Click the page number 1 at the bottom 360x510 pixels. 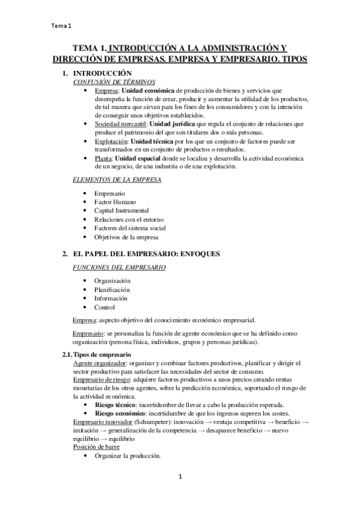pyautogui.click(x=180, y=477)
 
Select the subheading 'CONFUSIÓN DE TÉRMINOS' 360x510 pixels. pyautogui.click(x=114, y=81)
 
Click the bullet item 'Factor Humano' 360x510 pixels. pyautogui.click(x=115, y=202)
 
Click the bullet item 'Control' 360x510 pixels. pyautogui.click(x=105, y=307)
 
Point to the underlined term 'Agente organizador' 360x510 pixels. pyautogui.click(x=100, y=363)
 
